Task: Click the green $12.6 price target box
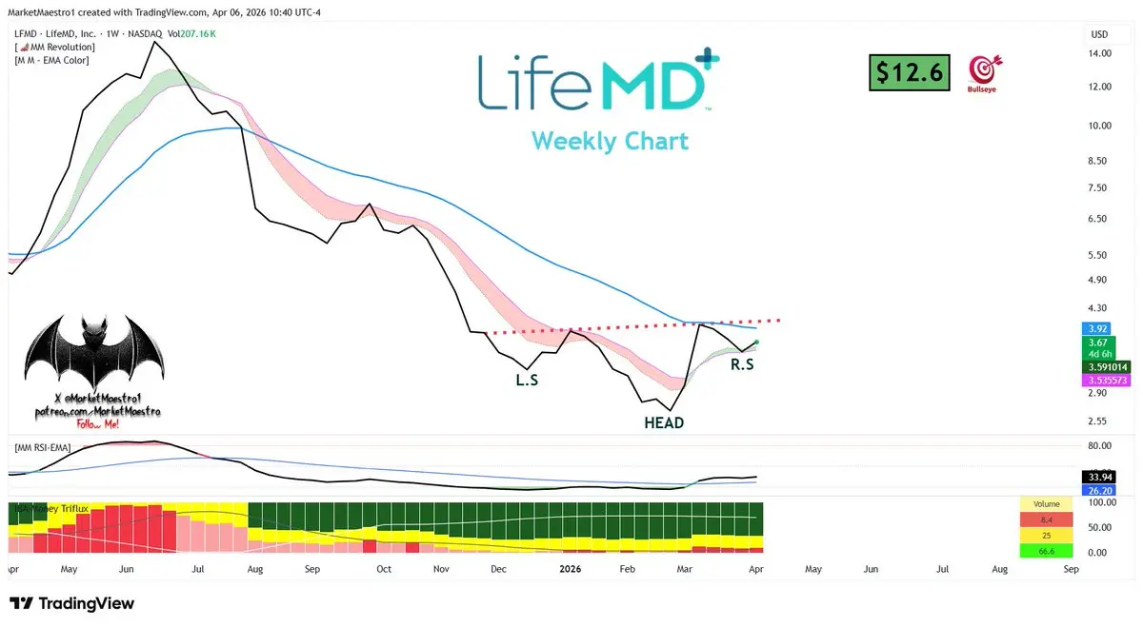(910, 72)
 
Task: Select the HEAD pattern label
(664, 422)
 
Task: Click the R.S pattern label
(742, 363)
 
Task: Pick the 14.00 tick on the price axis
(1100, 54)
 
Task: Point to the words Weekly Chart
(610, 141)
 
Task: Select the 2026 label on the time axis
(570, 569)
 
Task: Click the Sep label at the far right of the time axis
(1071, 569)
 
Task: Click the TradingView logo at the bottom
(71, 603)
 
